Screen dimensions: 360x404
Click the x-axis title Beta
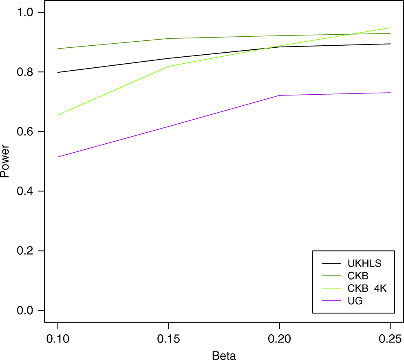pos(224,355)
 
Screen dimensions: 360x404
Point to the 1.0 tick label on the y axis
pos(25,13)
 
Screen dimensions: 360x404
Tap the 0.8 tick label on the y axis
pos(25,72)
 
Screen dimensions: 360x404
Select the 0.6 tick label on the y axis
pos(25,132)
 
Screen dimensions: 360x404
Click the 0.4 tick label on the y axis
pos(25,191)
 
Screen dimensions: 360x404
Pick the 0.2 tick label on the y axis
pos(25,251)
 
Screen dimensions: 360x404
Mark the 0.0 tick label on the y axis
pos(25,310)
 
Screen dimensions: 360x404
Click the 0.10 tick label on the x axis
pos(58,339)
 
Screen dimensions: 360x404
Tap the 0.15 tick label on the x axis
pos(169,339)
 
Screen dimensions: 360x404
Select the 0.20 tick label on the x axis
pos(280,339)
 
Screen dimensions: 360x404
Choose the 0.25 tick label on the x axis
pos(390,339)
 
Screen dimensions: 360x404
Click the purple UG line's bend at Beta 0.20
pos(280,96)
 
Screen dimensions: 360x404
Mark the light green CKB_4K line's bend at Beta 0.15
pos(169,66)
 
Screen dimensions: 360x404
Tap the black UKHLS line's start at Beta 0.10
pos(58,73)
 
